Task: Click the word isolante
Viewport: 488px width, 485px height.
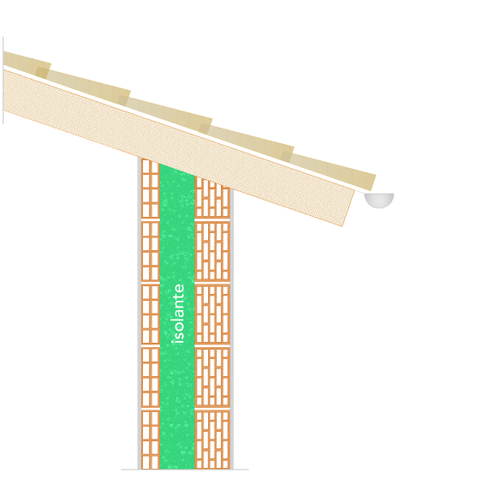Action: [179, 314]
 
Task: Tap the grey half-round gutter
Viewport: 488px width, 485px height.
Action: [379, 200]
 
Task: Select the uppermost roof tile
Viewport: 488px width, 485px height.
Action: [27, 64]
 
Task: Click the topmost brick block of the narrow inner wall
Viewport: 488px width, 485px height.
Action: [151, 189]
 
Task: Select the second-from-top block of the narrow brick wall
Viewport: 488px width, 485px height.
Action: [151, 251]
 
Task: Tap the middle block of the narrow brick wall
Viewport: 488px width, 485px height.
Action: [151, 314]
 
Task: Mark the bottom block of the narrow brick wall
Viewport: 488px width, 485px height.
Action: [151, 440]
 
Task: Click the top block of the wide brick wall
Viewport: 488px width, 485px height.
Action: [212, 198]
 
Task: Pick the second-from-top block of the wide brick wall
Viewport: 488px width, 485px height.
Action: [212, 251]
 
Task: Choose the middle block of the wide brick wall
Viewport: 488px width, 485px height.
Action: [212, 314]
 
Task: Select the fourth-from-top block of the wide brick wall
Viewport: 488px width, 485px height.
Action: [212, 377]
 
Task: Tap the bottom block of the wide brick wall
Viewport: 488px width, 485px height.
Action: [212, 440]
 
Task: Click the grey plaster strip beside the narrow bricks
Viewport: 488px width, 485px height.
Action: [140, 313]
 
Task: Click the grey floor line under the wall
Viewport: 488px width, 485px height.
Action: [185, 470]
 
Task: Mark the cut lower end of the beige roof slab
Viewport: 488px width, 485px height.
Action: [348, 208]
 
